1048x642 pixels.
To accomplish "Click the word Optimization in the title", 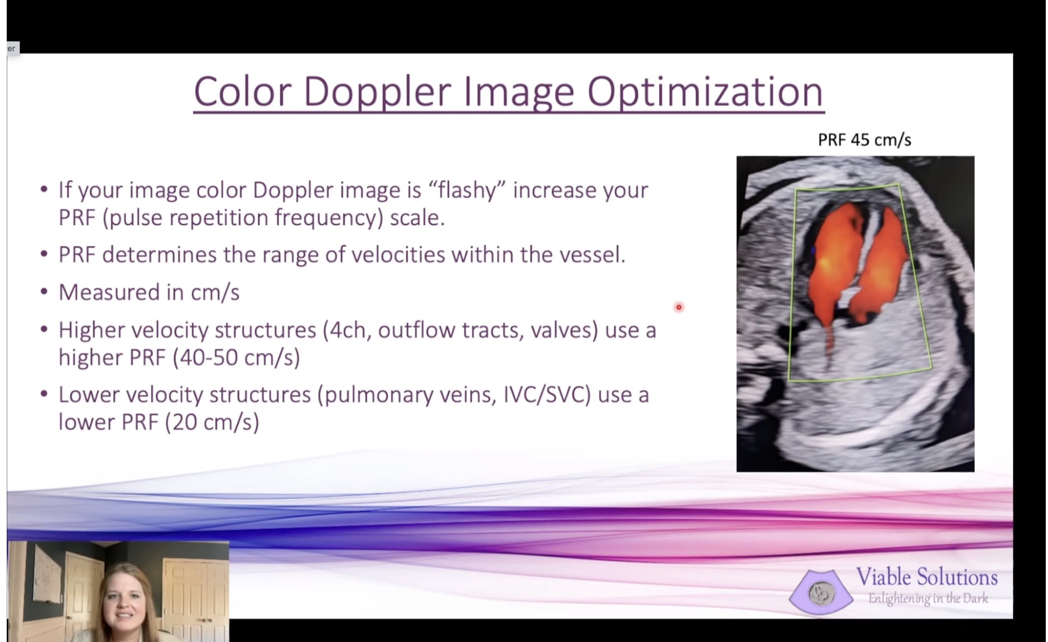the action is pyautogui.click(x=706, y=92).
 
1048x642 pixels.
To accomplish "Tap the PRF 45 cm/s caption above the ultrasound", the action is pyautogui.click(x=864, y=139).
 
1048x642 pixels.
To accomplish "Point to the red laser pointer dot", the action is pyautogui.click(x=679, y=307).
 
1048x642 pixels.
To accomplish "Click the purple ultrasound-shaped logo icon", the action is pyautogui.click(x=821, y=592).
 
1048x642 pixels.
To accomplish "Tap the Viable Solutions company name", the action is pyautogui.click(x=927, y=577).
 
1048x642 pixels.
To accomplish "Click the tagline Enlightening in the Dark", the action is pyautogui.click(x=928, y=599).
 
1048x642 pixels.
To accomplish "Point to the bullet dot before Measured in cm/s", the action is pyautogui.click(x=44, y=292).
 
